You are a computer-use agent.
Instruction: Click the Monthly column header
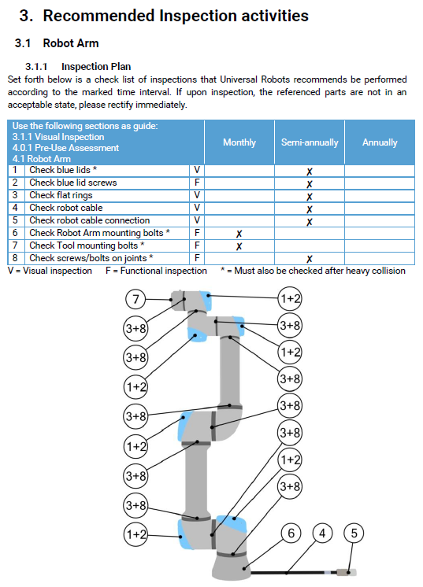tap(239, 142)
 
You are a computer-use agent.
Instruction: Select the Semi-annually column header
tap(310, 142)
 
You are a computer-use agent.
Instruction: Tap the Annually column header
tap(380, 142)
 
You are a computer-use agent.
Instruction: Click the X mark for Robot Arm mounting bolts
tap(239, 234)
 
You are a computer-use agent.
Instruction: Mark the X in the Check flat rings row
tap(309, 197)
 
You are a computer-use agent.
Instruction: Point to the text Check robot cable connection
tap(90, 220)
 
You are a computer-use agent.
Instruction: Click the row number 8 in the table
tap(15, 258)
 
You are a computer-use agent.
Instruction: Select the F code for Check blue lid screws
tap(197, 183)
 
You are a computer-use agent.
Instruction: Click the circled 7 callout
tap(135, 299)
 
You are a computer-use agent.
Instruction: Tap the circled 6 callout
tap(291, 533)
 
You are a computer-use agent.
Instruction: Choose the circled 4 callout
tap(322, 533)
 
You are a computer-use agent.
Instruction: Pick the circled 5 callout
tap(354, 533)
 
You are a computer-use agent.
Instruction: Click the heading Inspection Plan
tap(96, 67)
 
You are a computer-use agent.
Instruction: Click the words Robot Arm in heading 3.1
tap(71, 43)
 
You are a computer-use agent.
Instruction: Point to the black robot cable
tap(288, 572)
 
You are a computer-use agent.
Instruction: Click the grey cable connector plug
tap(346, 572)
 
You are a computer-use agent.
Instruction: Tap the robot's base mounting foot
tap(231, 567)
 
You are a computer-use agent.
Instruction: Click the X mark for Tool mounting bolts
tap(239, 246)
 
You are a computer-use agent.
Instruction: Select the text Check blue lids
tap(60, 170)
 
